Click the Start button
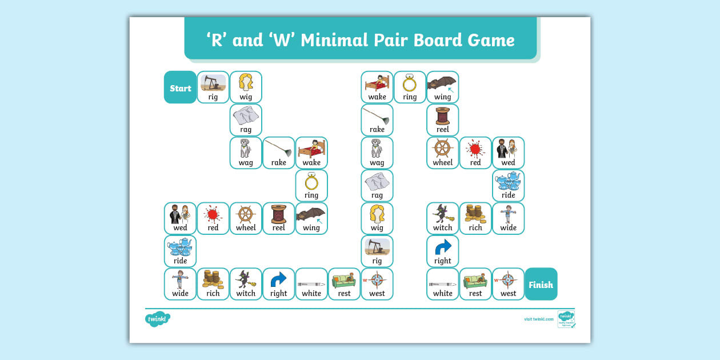click(x=180, y=87)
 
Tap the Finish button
click(x=541, y=284)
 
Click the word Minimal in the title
click(x=333, y=40)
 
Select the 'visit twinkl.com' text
click(x=538, y=319)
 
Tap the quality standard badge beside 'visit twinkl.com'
click(x=566, y=319)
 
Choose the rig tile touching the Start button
click(x=213, y=87)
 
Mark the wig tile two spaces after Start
click(x=246, y=87)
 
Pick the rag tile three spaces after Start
click(x=246, y=120)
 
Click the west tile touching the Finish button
click(x=508, y=284)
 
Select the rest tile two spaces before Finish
click(x=475, y=284)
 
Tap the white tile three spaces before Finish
click(x=442, y=284)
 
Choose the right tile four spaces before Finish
click(x=442, y=251)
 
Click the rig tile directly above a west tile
click(x=377, y=251)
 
